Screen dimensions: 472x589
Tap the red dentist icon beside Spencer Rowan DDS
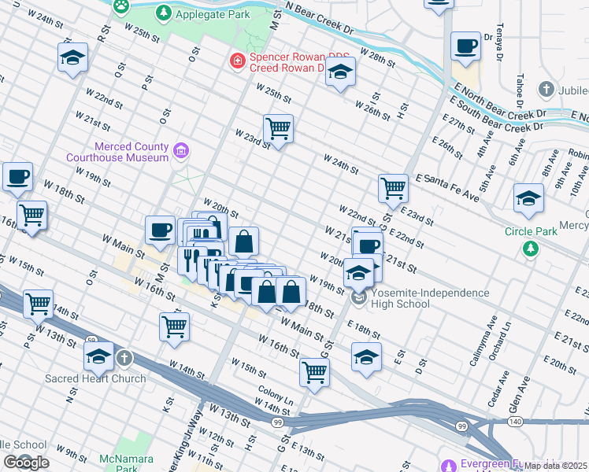point(236,61)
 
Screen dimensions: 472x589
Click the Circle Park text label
point(531,231)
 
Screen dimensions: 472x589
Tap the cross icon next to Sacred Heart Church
point(124,360)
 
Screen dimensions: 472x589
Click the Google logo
point(26,463)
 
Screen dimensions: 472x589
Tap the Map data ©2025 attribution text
point(555,466)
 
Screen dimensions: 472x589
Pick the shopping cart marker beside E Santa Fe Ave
point(393,188)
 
